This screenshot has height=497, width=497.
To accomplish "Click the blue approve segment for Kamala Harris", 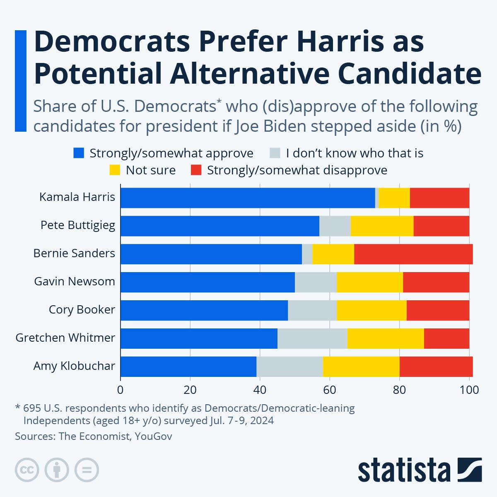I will coord(248,198).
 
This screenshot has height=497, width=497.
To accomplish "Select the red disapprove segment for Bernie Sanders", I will coord(413,254).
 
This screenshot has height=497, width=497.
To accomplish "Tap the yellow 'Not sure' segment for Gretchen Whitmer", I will coord(385,338).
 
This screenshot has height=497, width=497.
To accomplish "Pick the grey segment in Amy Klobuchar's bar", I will coord(290,367).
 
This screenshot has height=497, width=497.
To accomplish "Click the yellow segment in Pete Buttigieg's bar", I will coord(381,226).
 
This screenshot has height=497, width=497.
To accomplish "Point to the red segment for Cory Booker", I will coord(438,310).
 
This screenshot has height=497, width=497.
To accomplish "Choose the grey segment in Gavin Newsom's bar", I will coord(316,282).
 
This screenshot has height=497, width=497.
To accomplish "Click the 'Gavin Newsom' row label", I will coord(75,282).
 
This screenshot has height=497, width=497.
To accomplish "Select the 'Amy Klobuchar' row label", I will coord(74,366).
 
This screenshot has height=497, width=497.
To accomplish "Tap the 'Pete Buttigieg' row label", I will coord(78,225).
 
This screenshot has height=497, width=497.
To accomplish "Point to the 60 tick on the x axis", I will coord(329,390).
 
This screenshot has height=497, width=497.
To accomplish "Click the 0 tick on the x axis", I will coord(121,390).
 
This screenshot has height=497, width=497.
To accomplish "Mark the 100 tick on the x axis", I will coord(469,390).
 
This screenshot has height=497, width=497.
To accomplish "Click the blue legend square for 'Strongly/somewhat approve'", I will coord(79,153).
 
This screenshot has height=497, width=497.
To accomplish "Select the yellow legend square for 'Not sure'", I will coord(115,170).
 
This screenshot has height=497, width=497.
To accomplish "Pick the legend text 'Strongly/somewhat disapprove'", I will coord(297,170).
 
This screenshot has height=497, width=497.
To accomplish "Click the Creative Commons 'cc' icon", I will coord(27,470).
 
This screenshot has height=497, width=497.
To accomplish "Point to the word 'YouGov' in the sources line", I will coord(153,436).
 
